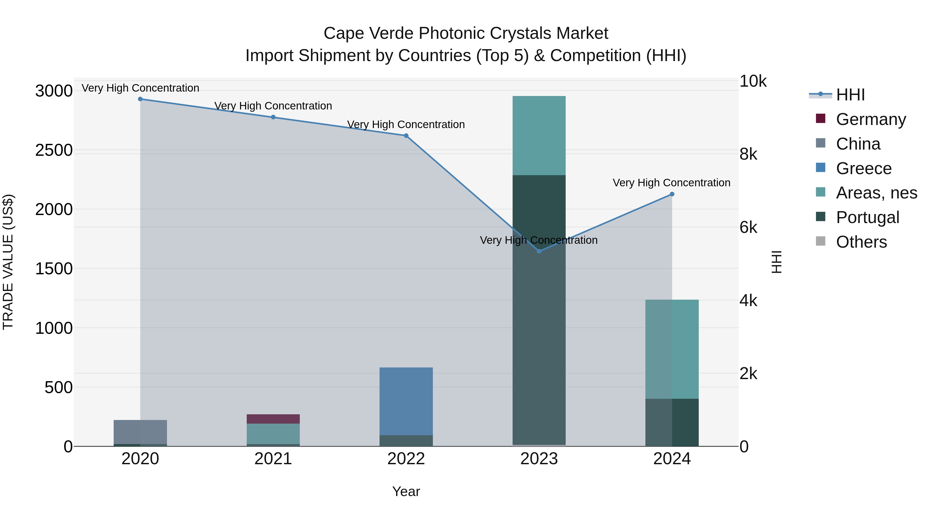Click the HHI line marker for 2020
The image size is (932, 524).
140,99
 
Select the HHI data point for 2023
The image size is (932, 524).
539,251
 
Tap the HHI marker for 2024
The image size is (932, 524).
672,194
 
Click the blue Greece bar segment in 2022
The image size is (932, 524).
406,401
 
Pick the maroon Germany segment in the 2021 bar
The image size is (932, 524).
273,419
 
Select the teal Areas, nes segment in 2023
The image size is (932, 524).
539,136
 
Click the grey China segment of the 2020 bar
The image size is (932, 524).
140,432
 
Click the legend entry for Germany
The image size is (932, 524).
870,119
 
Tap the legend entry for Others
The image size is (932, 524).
861,242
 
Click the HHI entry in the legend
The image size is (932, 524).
850,94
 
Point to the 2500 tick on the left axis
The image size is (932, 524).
54,150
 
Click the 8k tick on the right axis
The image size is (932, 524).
748,154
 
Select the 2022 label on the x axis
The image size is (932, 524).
406,459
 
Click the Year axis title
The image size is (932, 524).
406,491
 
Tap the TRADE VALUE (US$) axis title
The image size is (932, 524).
8,262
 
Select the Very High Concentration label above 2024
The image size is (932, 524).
672,183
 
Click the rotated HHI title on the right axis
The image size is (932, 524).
776,262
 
